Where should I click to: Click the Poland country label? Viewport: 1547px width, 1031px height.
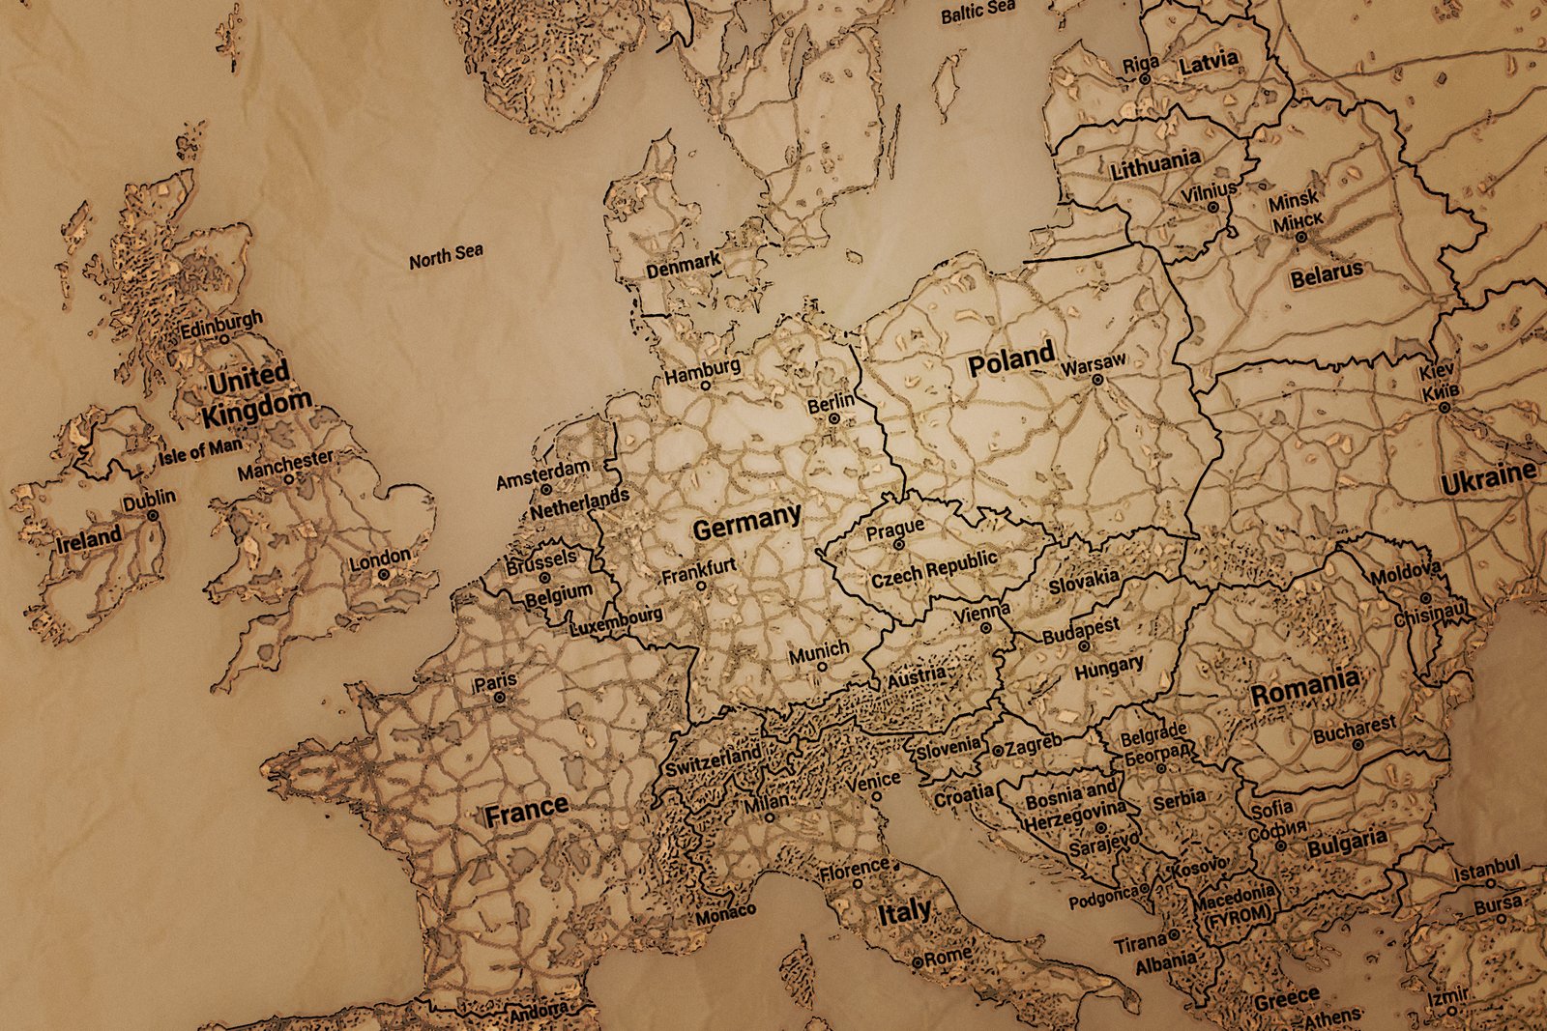(1010, 361)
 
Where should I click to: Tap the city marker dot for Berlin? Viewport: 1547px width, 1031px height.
(834, 419)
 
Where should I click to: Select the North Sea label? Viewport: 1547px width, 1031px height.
(446, 256)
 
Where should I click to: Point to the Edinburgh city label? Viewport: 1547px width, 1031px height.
(221, 324)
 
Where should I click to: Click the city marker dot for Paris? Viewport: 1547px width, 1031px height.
(499, 697)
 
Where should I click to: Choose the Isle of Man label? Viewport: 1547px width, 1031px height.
(201, 449)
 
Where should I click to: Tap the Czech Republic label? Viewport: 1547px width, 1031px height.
(933, 568)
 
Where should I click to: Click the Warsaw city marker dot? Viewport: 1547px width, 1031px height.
(1097, 380)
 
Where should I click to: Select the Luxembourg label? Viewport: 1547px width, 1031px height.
(616, 620)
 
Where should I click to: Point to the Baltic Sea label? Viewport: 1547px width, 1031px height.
(978, 12)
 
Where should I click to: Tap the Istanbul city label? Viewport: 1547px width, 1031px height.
(1487, 869)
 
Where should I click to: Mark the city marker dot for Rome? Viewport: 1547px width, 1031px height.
(918, 962)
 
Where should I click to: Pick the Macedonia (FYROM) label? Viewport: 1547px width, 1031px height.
(1235, 905)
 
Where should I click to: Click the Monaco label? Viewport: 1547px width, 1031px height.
(725, 913)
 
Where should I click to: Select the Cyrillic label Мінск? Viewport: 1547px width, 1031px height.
(1298, 222)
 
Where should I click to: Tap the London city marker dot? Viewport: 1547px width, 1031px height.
(384, 574)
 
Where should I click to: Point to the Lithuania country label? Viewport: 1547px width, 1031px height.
(1155, 164)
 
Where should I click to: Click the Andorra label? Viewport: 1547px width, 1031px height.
(539, 1012)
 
